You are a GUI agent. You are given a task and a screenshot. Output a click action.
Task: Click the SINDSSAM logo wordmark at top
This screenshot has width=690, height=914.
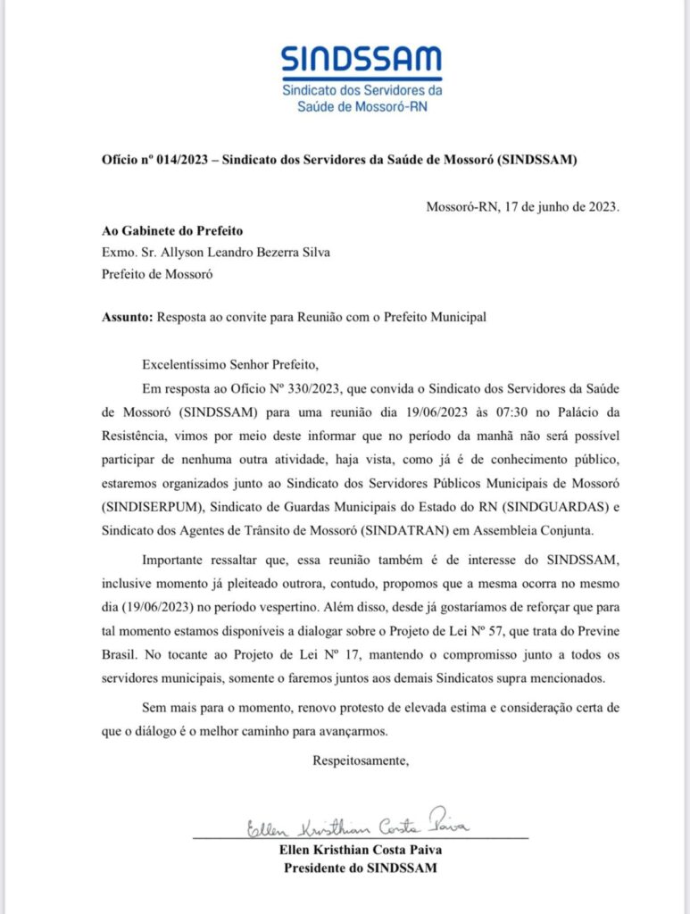[x=362, y=60]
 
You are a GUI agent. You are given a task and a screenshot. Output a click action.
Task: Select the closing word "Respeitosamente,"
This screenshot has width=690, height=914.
[x=360, y=760]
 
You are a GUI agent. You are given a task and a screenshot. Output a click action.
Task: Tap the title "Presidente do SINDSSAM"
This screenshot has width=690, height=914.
[x=360, y=868]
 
